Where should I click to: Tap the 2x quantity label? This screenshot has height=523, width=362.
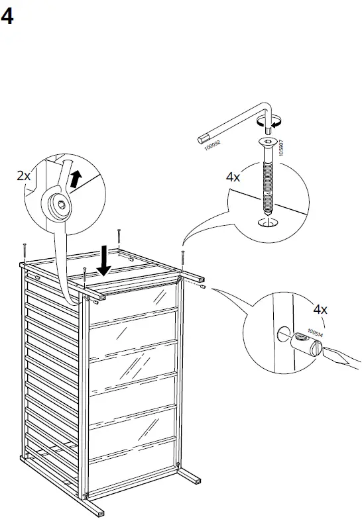[23, 175]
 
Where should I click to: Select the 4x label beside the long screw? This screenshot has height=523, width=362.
[233, 177]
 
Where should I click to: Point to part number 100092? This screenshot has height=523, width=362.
[212, 145]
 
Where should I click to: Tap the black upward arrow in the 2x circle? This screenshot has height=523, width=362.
[77, 177]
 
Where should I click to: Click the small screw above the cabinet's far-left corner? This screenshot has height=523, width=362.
[24, 250]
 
